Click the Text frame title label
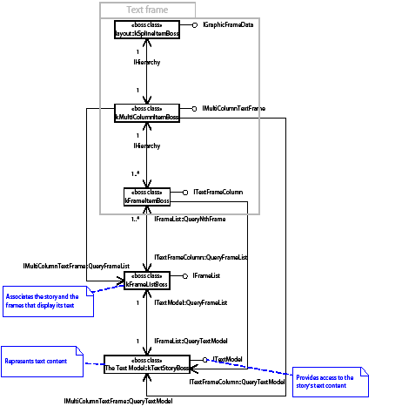[x=147, y=10]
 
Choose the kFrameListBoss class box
[x=146, y=281]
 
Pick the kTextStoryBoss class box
[x=146, y=363]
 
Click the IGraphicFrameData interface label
[x=229, y=26]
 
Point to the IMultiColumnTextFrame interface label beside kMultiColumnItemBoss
[x=233, y=108]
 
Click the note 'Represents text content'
[x=42, y=361]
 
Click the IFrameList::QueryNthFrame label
[x=190, y=219]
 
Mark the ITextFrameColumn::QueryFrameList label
[x=201, y=257]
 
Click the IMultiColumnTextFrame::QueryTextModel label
[x=117, y=401]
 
